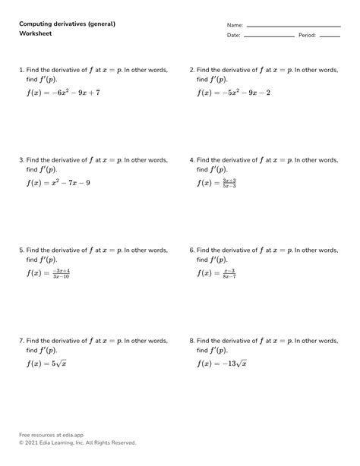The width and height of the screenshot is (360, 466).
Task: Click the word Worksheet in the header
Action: pyautogui.click(x=35, y=35)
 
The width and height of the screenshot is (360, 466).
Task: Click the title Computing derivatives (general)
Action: pyautogui.click(x=67, y=24)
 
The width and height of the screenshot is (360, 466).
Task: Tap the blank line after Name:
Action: pyautogui.click(x=293, y=26)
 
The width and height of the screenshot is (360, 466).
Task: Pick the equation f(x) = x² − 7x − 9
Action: pyautogui.click(x=58, y=183)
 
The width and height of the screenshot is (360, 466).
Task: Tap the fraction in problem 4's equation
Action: pyautogui.click(x=226, y=183)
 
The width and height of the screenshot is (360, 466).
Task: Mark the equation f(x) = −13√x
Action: pyautogui.click(x=221, y=364)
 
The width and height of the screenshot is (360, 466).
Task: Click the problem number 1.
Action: pyautogui.click(x=21, y=69)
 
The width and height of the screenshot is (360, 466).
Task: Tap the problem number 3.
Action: pyautogui.click(x=21, y=160)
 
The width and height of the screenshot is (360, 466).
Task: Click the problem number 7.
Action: pyautogui.click(x=21, y=342)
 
